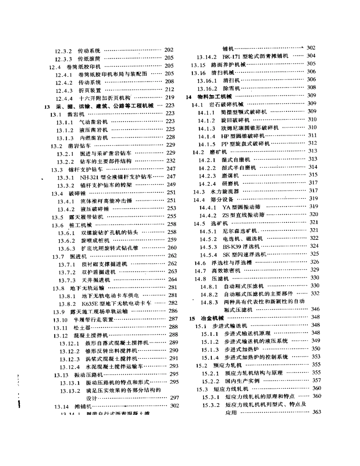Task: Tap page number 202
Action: point(169,50)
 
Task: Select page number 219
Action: point(169,97)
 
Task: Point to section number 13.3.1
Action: point(66,177)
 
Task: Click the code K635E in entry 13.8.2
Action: point(90,303)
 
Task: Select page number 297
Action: point(174,397)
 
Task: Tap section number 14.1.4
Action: point(207,136)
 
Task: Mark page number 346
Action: point(315,309)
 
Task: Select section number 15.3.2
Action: point(211,405)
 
